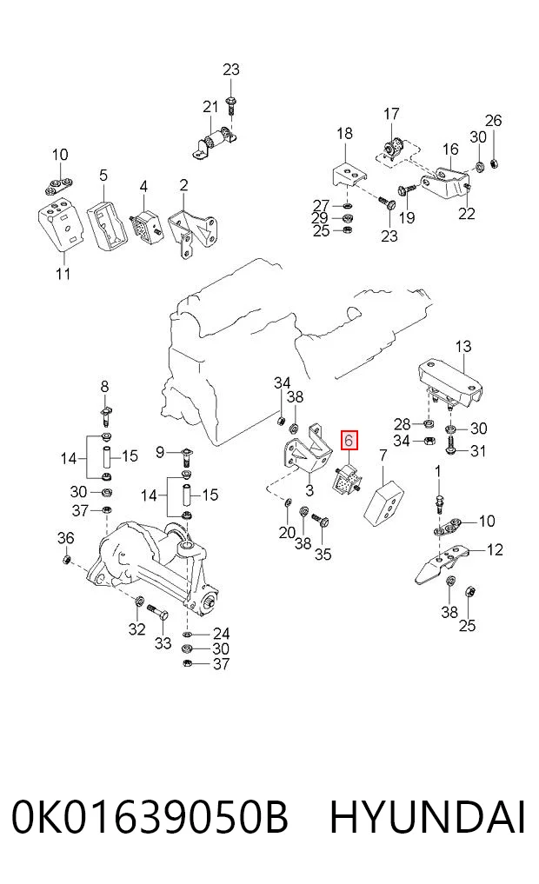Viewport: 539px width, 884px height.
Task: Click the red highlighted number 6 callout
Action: [x=349, y=441]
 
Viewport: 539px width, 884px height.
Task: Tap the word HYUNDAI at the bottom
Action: [x=428, y=817]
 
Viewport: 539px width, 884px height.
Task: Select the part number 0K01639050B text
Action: [x=150, y=817]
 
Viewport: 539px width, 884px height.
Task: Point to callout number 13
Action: [x=462, y=346]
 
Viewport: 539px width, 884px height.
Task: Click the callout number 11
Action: [x=63, y=274]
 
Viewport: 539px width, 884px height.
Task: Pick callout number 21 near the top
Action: [x=210, y=107]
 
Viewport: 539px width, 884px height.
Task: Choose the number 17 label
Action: [x=391, y=114]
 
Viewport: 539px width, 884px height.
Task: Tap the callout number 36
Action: [x=65, y=538]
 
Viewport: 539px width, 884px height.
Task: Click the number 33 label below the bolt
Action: [x=163, y=642]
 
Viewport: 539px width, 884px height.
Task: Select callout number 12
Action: [x=495, y=549]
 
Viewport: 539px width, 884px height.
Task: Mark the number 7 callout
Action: [x=383, y=455]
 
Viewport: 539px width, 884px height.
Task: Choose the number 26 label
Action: [x=493, y=121]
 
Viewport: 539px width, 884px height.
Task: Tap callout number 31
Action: [x=478, y=451]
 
